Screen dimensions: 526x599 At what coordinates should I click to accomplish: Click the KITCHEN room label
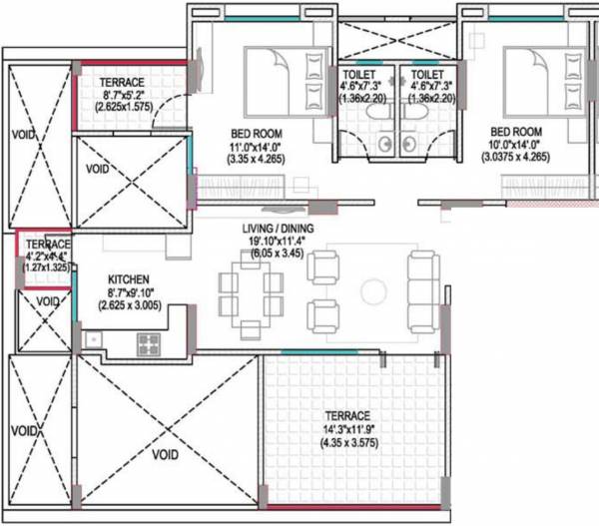(129, 280)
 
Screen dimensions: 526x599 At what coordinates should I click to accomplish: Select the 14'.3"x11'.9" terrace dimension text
(346, 429)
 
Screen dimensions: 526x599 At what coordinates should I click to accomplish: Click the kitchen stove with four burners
(149, 344)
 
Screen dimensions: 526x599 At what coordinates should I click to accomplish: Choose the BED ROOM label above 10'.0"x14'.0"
(515, 131)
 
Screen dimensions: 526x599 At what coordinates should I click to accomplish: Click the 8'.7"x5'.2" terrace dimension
(122, 94)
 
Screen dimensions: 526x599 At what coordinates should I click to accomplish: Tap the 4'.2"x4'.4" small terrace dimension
(48, 257)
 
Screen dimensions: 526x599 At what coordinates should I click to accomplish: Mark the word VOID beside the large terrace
(165, 453)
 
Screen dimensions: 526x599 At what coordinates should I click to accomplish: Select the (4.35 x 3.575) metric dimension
(346, 442)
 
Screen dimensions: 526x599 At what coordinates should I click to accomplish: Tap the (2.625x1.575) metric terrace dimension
(122, 106)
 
